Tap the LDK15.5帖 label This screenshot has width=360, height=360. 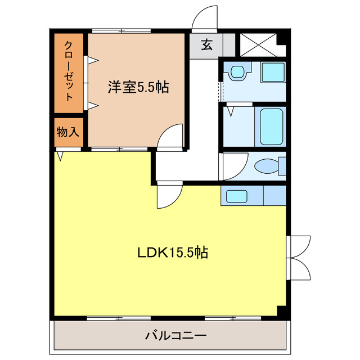coord(173,253)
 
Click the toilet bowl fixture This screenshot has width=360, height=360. coord(267,167)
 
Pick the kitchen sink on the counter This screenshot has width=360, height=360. coord(236,196)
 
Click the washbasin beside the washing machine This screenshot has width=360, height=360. coord(237,72)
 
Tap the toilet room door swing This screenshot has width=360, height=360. coord(233,165)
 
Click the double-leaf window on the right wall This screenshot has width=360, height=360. coord(298,256)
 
